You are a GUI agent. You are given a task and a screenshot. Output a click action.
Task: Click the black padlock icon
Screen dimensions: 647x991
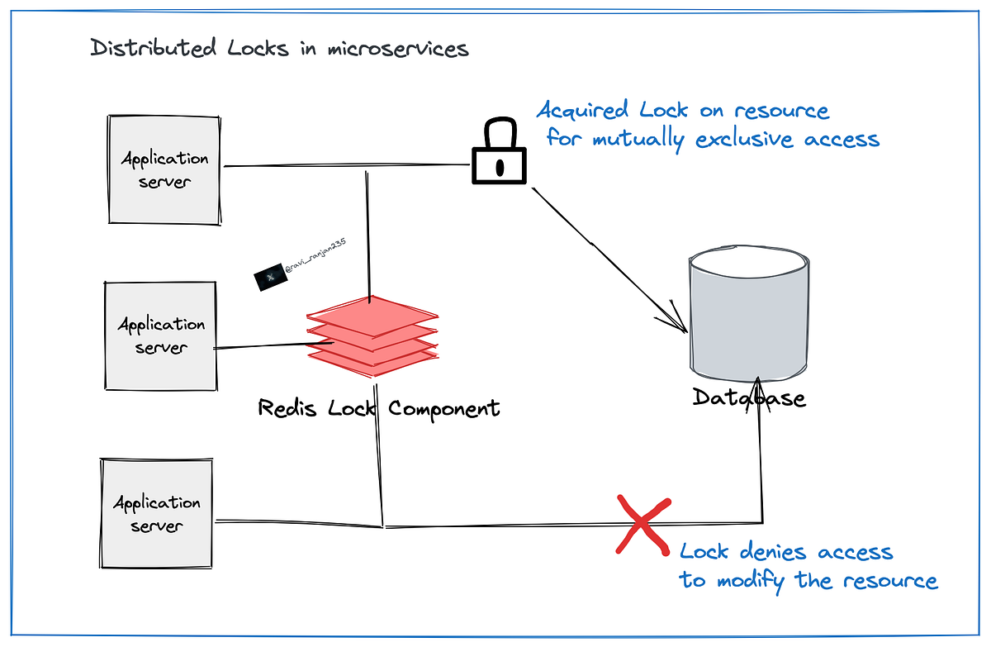pyautogui.click(x=498, y=153)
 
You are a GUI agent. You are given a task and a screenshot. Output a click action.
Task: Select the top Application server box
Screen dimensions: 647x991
pyautogui.click(x=164, y=169)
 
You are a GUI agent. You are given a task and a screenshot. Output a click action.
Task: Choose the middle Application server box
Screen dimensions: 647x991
pyautogui.click(x=161, y=335)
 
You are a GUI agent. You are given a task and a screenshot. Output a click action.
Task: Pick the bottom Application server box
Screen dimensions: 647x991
pyautogui.click(x=157, y=513)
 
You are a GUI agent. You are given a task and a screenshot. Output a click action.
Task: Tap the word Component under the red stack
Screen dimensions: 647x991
pyautogui.click(x=444, y=408)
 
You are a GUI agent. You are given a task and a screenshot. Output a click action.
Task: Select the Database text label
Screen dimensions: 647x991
pyautogui.click(x=748, y=398)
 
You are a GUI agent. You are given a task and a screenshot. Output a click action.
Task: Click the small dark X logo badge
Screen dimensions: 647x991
pyautogui.click(x=268, y=279)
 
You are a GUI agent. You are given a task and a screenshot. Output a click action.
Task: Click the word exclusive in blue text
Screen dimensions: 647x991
pyautogui.click(x=748, y=139)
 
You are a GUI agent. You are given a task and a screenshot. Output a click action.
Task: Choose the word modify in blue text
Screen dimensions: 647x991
pyautogui.click(x=751, y=580)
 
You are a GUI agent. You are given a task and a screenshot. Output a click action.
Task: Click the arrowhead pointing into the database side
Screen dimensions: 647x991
pyautogui.click(x=680, y=325)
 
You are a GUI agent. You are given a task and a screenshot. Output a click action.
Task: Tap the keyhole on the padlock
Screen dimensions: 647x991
pyautogui.click(x=498, y=165)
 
